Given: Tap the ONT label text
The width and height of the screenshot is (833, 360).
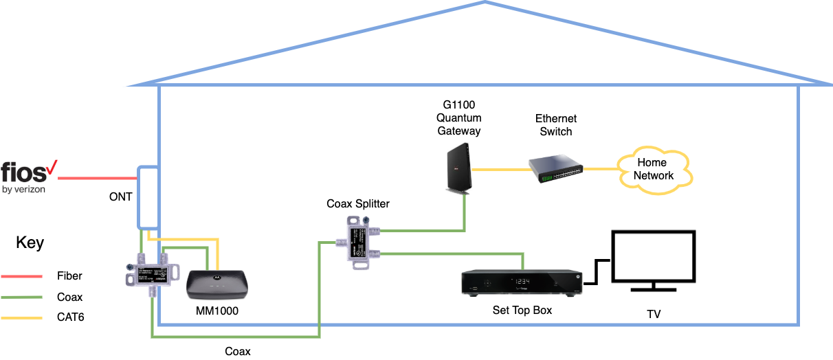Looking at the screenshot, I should tap(121, 197).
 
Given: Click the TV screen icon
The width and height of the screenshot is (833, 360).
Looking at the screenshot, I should tap(654, 258).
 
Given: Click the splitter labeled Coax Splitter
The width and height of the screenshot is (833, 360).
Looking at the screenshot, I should tap(358, 243).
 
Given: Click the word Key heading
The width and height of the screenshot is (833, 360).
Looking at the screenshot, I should tap(30, 243).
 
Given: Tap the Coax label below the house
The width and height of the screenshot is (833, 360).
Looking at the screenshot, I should tap(238, 351).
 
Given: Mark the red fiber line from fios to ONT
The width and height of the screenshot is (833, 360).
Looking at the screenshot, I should tap(96, 179).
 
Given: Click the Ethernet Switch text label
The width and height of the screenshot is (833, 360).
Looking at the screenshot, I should tap(556, 125).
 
